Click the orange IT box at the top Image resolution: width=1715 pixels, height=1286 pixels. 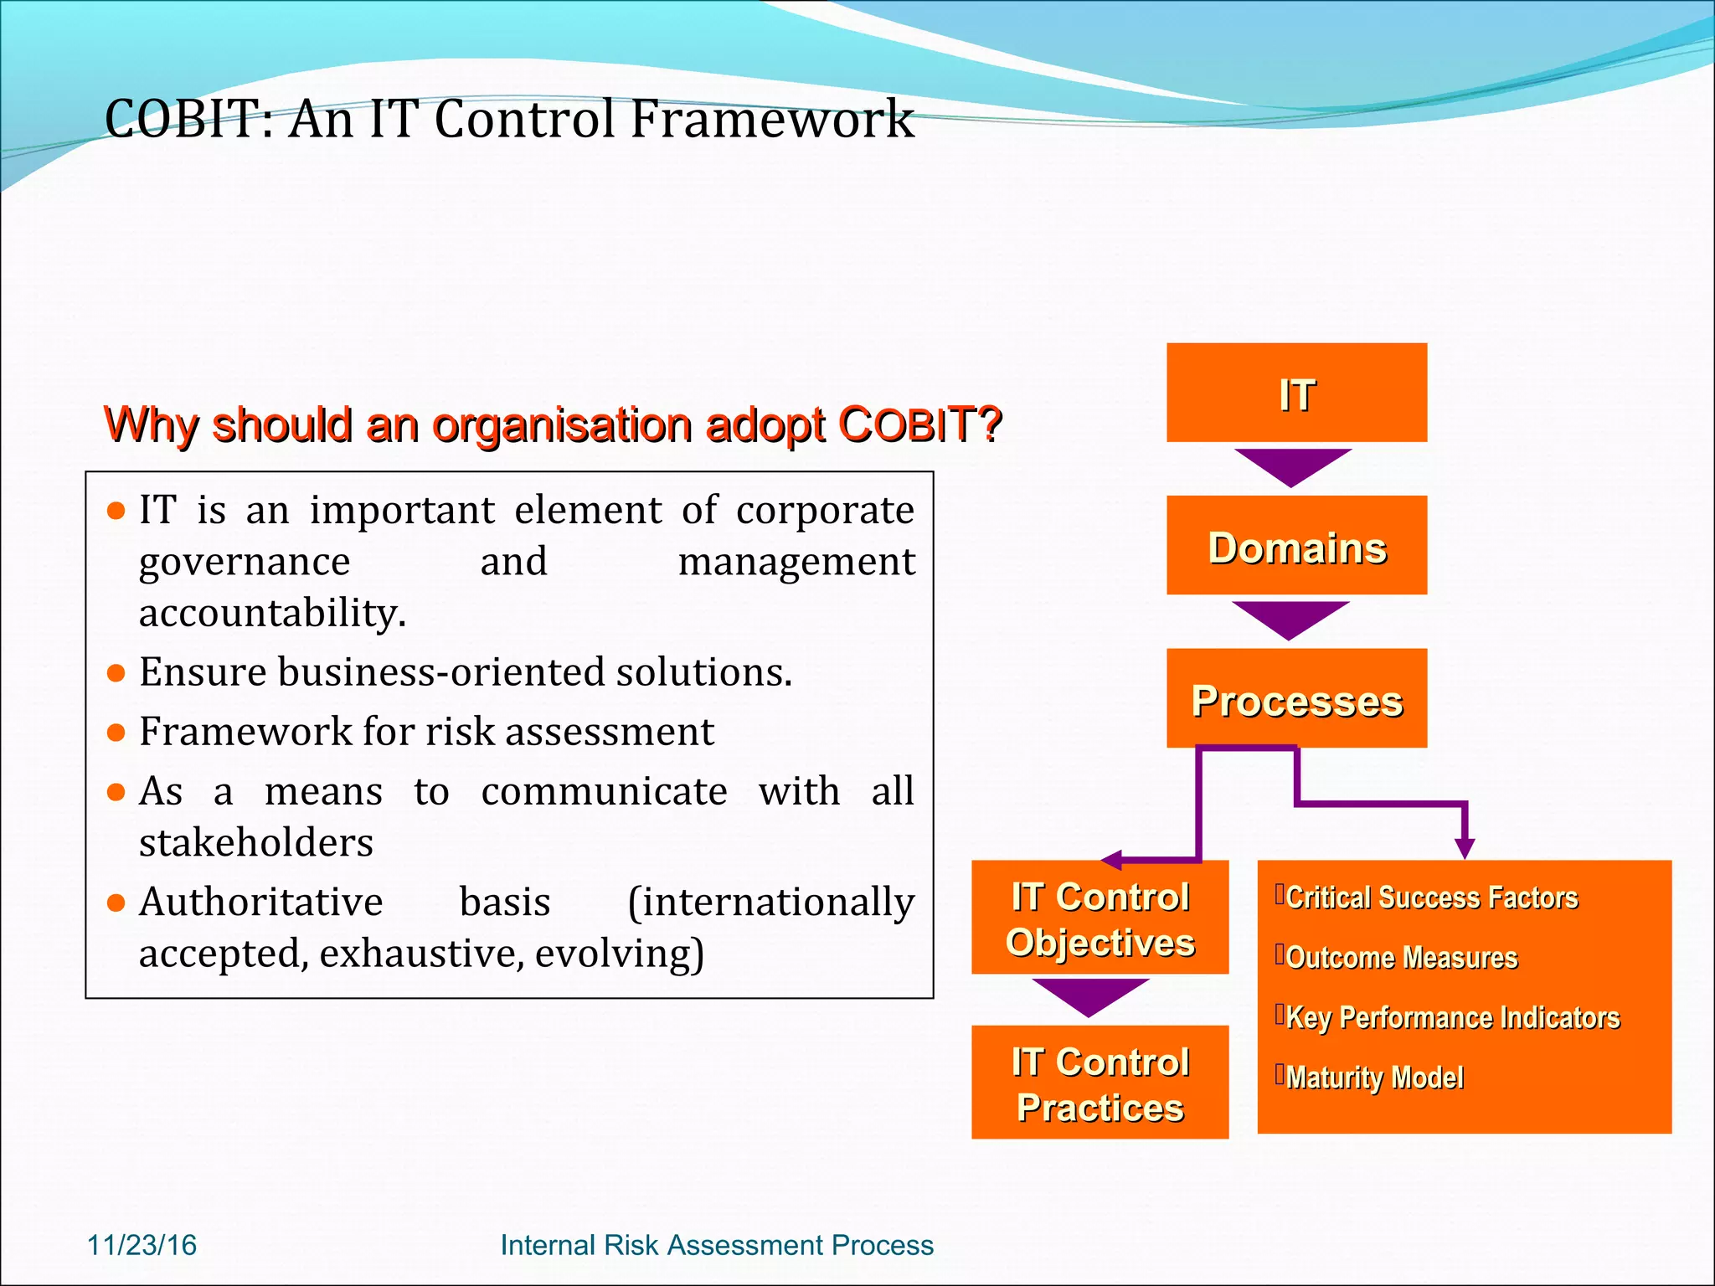pos(1296,393)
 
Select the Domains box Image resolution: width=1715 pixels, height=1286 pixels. pos(1296,546)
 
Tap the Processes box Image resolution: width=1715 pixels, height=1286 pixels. pos(1296,698)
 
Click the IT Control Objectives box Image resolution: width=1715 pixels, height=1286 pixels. pos(1100,918)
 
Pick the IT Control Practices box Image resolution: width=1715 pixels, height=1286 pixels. pos(1100,1083)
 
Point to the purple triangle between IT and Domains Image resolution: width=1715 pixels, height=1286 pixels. pos(1293,465)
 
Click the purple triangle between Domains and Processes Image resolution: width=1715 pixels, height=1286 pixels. pos(1290,618)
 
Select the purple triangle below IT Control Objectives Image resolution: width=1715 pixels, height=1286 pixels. pos(1089,995)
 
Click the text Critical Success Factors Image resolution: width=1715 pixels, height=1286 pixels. pos(1431,898)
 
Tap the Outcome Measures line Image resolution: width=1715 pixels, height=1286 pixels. pos(1401,958)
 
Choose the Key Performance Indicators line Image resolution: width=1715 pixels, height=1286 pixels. pos(1452,1018)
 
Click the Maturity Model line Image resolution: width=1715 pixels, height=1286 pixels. pos(1374,1078)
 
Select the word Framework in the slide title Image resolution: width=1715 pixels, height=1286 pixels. pos(771,119)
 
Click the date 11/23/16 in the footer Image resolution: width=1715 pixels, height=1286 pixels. pos(142,1245)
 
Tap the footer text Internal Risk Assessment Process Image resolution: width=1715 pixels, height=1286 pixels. pos(716,1245)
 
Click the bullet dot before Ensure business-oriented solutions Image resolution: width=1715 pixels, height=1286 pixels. pos(116,672)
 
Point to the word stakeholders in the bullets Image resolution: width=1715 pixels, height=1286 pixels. pos(256,842)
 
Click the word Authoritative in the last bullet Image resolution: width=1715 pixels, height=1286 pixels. pos(261,903)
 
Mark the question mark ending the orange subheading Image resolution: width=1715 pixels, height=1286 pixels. pos(991,424)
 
